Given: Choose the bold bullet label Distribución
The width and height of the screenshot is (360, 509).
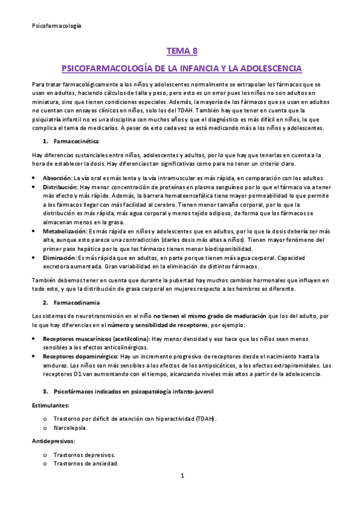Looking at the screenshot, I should point(59,187).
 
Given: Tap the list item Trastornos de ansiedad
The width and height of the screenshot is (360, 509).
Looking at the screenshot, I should point(86,463).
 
